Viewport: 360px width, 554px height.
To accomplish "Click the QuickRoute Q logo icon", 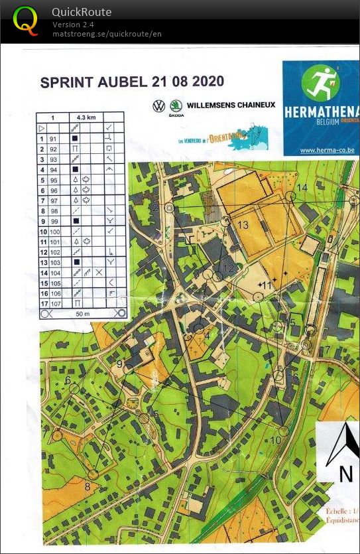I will tap(25, 21).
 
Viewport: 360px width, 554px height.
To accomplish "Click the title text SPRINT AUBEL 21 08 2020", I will tap(132, 82).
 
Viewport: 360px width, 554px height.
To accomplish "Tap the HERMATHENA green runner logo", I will tap(320, 84).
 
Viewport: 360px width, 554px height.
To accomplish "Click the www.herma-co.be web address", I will tap(327, 151).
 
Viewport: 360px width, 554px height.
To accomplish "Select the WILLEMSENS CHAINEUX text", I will tap(231, 105).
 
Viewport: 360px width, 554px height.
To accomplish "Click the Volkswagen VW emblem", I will tap(158, 105).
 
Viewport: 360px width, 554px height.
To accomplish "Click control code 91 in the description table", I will tap(54, 139).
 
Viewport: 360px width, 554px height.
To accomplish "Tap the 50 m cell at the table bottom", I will tap(80, 313).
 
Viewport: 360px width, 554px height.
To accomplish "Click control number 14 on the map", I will tap(302, 188).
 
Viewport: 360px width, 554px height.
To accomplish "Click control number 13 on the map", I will tap(243, 226).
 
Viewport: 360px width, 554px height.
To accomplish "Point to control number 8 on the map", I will tap(87, 486).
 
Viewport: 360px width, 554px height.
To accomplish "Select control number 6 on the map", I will tap(68, 380).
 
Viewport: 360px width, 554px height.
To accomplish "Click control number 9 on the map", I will tap(120, 364).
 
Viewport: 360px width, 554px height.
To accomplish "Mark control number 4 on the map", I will tap(207, 336).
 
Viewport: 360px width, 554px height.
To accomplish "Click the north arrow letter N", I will tap(345, 474).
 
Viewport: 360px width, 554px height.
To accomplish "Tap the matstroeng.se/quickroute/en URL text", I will tap(107, 34).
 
